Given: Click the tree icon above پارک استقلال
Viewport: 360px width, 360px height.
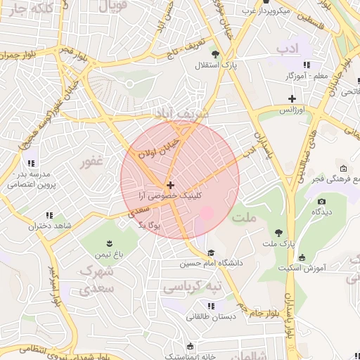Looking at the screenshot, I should (x=215, y=53).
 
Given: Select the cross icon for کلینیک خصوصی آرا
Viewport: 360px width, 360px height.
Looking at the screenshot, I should (x=170, y=184).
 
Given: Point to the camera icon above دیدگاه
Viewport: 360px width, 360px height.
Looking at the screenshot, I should (x=321, y=201).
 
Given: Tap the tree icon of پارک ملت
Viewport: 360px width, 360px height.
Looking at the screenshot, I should (x=279, y=232).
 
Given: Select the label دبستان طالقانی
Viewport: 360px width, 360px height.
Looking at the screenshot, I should (x=211, y=316).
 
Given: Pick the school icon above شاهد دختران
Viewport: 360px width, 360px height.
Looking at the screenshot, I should (x=49, y=215).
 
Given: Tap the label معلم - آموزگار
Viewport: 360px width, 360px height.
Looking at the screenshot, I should (x=308, y=75).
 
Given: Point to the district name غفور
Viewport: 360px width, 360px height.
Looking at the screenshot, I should (x=92, y=162).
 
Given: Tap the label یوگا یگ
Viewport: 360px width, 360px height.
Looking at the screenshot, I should (x=150, y=226).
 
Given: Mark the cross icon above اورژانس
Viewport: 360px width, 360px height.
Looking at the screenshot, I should (x=292, y=98).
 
